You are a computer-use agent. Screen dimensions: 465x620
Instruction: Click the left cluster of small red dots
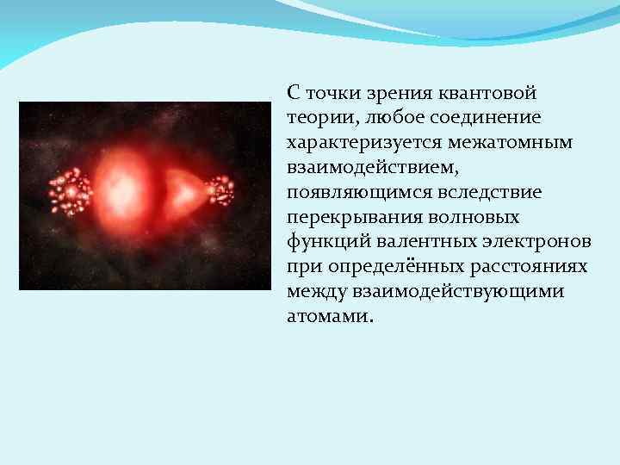pyautogui.click(x=70, y=192)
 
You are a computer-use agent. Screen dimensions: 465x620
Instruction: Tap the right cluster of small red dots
pyautogui.click(x=219, y=191)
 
